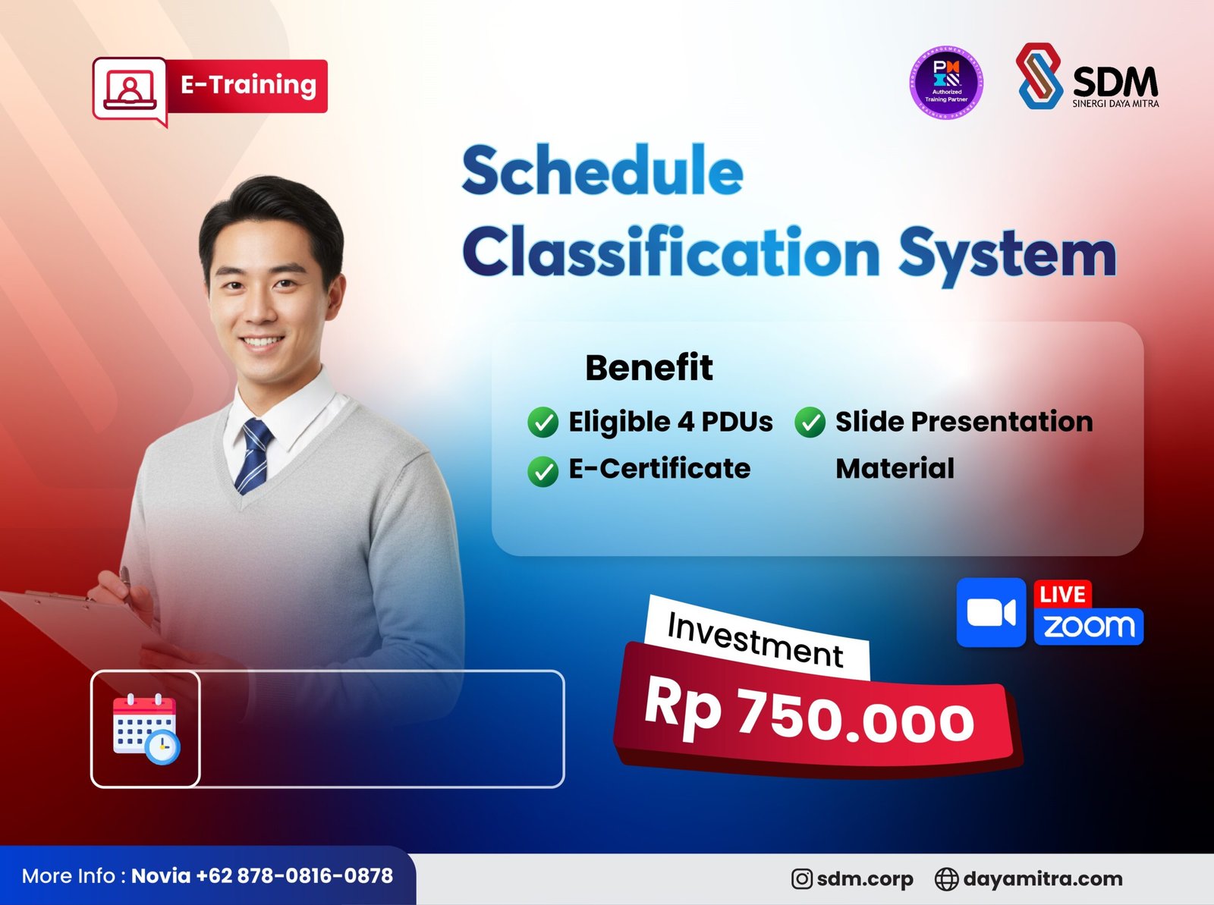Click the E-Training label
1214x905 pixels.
click(x=247, y=85)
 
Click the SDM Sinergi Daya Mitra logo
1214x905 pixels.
click(x=1087, y=77)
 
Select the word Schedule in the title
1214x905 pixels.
click(x=602, y=171)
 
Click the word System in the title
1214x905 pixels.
click(x=1007, y=253)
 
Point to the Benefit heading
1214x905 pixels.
click(x=649, y=368)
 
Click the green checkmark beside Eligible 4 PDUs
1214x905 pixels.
click(x=543, y=423)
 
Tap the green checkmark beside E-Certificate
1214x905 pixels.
click(x=543, y=470)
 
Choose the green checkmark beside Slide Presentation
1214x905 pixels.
click(x=810, y=423)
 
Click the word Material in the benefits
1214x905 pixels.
click(x=895, y=469)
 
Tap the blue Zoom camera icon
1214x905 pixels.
click(x=991, y=612)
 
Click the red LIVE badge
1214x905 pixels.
click(x=1062, y=594)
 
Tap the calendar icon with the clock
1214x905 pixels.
click(x=146, y=729)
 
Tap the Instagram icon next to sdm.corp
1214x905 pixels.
click(x=801, y=879)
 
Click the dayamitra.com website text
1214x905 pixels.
click(x=1043, y=879)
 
